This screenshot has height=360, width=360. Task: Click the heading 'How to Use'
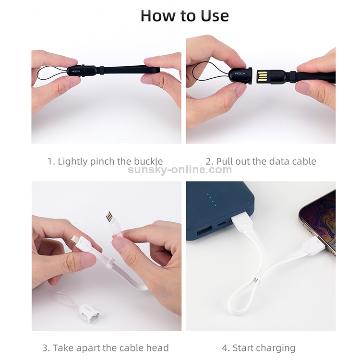click(x=185, y=16)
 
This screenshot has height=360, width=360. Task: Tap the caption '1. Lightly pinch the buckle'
click(x=105, y=161)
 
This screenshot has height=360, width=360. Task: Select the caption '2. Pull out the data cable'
click(x=261, y=161)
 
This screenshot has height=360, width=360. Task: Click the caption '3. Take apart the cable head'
click(x=106, y=348)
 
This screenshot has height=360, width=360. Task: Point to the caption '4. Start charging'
click(x=259, y=348)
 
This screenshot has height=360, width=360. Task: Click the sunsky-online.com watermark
click(x=180, y=169)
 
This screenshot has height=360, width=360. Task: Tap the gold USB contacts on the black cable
click(x=262, y=77)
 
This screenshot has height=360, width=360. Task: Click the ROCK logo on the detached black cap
click(x=240, y=73)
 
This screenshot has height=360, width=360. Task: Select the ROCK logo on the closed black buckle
click(x=76, y=72)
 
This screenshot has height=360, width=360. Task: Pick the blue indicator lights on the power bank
click(x=212, y=200)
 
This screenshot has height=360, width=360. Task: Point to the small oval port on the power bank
click(x=221, y=223)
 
